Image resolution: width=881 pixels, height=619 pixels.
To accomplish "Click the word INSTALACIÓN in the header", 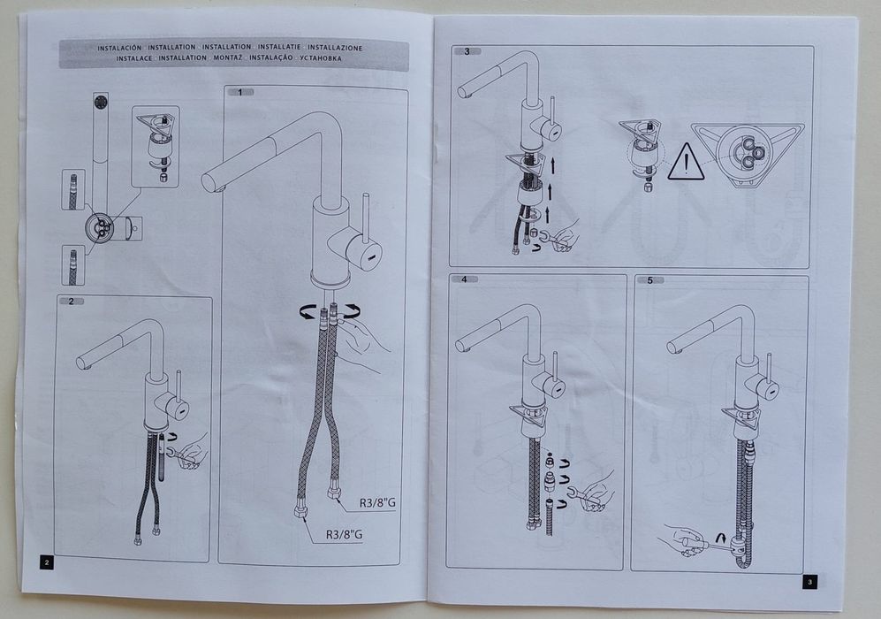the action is (119, 49).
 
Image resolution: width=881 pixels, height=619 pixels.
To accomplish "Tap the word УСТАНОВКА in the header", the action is (321, 57).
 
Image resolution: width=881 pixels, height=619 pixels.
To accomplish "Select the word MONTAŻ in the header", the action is (228, 57).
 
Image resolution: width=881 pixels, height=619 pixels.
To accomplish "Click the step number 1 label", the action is (240, 92).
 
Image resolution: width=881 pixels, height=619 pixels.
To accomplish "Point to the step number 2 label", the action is (72, 302).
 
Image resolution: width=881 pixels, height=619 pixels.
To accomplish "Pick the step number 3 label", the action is (467, 51).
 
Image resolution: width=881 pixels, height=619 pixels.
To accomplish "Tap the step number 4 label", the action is (464, 279).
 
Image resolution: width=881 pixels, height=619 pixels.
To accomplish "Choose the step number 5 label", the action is (650, 280).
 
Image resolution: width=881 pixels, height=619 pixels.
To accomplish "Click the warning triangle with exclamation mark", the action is (686, 162).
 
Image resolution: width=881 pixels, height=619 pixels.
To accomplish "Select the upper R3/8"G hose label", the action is (377, 502).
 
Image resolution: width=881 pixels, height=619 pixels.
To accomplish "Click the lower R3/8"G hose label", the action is (344, 534).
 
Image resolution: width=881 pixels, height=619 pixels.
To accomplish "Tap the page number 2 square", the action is (46, 562).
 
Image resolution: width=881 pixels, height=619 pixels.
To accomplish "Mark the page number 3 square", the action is (809, 582).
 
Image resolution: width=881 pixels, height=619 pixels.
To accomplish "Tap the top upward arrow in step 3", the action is (553, 165).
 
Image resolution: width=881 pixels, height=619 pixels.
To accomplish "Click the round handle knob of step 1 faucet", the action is (365, 253).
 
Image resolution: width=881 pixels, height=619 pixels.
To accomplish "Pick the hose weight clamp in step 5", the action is (738, 546).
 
